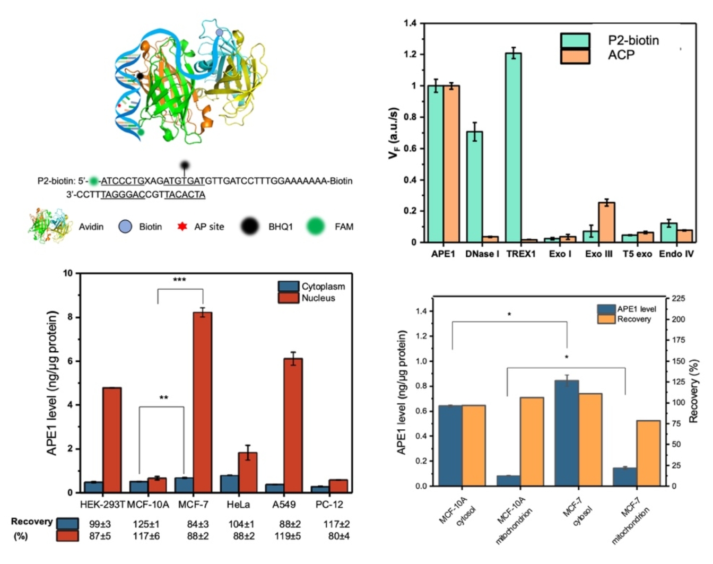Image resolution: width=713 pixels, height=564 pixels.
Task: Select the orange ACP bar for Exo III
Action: [x=606, y=222]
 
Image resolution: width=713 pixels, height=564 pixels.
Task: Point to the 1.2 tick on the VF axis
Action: [x=410, y=55]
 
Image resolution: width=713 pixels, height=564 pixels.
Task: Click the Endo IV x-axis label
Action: [x=676, y=254]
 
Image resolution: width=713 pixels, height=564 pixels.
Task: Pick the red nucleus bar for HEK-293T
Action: [x=111, y=440]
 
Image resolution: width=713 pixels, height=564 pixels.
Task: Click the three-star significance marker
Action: [x=179, y=280]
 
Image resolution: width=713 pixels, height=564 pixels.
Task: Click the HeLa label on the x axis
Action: [x=238, y=505]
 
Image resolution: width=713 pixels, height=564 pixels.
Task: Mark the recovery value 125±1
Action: [x=146, y=524]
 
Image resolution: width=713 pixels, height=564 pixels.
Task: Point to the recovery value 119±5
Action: [x=288, y=536]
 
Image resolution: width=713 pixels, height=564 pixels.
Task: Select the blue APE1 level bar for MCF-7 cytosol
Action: [x=566, y=433]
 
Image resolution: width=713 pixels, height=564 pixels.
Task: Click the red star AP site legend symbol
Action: [x=182, y=227]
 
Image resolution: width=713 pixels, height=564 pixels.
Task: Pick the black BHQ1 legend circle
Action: [x=249, y=227]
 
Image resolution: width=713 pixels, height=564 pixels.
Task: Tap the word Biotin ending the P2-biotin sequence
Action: [x=341, y=181]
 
